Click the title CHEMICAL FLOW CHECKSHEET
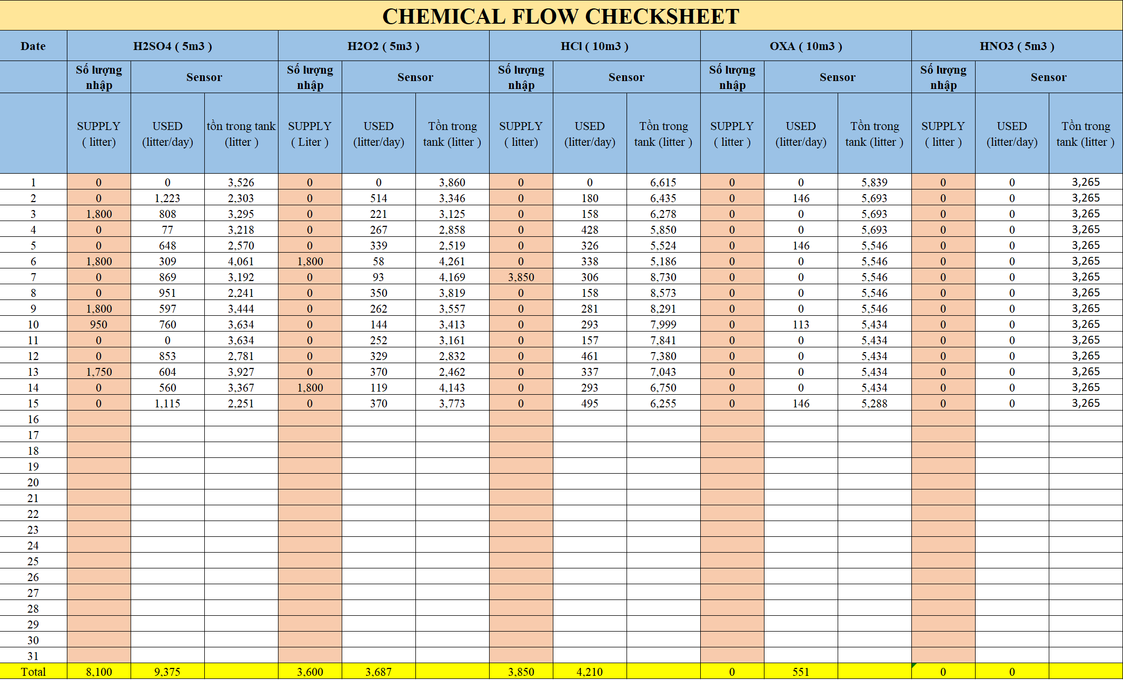point(561,16)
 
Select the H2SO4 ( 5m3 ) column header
point(172,46)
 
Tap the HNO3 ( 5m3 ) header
point(1017,46)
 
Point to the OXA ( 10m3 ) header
point(806,46)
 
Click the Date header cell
point(33,46)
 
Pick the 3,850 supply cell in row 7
point(521,277)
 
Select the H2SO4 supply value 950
point(98,325)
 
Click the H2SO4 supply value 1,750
point(99,372)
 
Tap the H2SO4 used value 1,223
point(167,198)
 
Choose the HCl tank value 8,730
point(663,277)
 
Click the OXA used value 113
point(800,325)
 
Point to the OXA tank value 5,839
point(874,183)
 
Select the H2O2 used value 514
point(379,198)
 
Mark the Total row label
point(33,672)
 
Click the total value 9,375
point(167,672)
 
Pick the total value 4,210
point(590,672)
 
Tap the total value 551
point(800,672)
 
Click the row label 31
point(33,656)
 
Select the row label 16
point(33,419)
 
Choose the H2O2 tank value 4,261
point(452,262)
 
